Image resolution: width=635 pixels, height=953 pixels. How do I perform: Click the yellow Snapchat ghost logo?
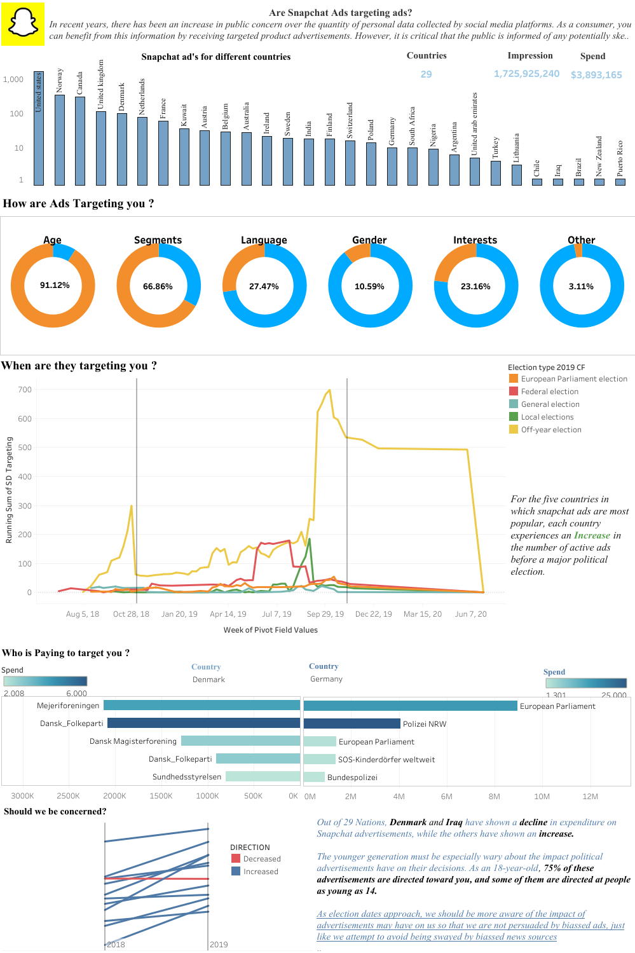23,24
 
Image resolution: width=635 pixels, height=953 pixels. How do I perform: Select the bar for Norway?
60,140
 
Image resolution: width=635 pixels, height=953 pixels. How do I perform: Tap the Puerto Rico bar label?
620,158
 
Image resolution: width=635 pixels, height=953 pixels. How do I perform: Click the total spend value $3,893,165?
596,75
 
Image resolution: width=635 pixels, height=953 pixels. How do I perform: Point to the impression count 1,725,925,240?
526,74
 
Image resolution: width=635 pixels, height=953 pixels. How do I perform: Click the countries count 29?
426,74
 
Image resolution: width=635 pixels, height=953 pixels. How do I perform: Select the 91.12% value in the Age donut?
55,285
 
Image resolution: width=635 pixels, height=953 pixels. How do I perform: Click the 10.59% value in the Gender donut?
369,287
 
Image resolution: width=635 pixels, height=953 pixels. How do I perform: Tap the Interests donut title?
475,240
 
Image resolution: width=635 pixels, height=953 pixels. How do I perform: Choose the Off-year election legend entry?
550,430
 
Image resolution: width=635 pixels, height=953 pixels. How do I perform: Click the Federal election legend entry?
549,392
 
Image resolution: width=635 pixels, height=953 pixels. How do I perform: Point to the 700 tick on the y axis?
25,390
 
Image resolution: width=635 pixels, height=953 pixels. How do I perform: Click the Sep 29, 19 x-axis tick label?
325,614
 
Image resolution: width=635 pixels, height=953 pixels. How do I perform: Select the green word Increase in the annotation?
592,535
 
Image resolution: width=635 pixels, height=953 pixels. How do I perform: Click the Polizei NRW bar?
352,723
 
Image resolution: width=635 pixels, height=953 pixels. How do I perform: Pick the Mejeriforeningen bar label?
68,706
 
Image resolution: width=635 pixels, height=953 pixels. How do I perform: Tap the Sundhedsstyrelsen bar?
263,776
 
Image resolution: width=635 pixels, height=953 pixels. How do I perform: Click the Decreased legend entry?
261,859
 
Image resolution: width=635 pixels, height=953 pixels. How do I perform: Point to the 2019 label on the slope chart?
219,944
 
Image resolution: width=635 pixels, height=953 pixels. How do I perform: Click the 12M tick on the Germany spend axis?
590,797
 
